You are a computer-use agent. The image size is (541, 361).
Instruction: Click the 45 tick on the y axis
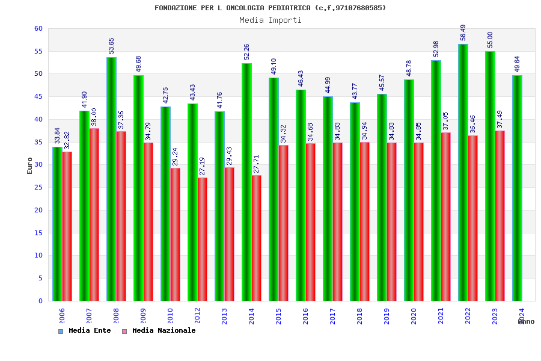point(38,97)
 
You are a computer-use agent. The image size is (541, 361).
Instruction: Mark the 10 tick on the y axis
point(38,256)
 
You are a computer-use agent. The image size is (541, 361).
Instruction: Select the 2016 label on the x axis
point(306,316)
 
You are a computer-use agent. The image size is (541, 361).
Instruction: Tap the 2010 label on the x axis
point(171,316)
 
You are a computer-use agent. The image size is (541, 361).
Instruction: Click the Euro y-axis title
point(30,165)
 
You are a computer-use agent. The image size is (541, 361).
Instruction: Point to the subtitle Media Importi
point(270,20)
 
